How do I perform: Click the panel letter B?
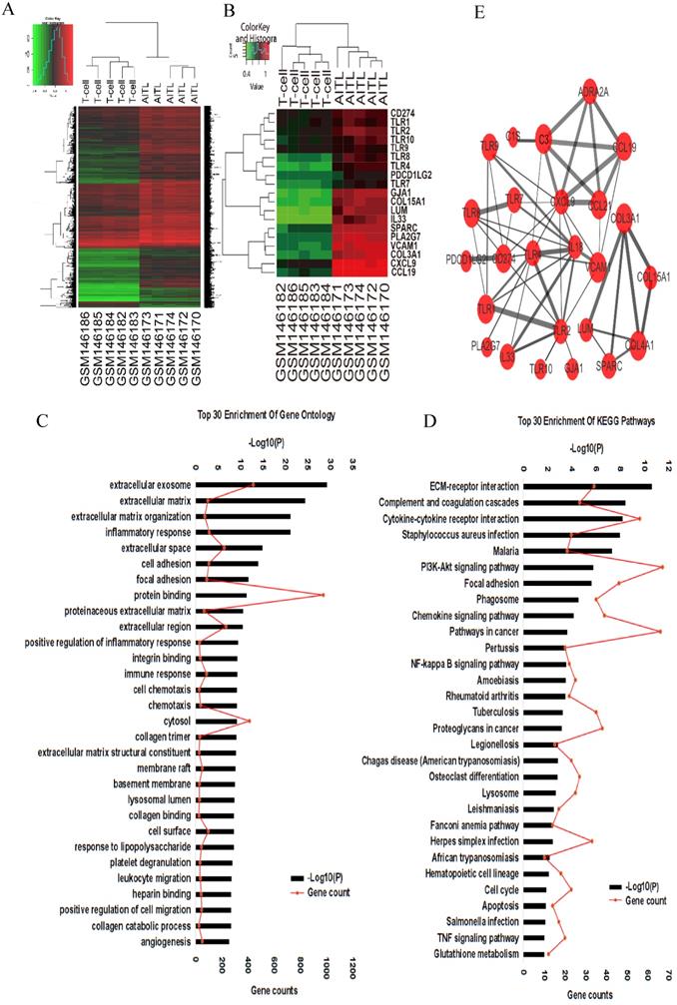[x=229, y=13]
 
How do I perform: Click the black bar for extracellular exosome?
[x=261, y=485]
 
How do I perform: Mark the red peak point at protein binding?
[x=323, y=595]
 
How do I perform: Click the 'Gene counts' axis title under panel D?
[x=587, y=995]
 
